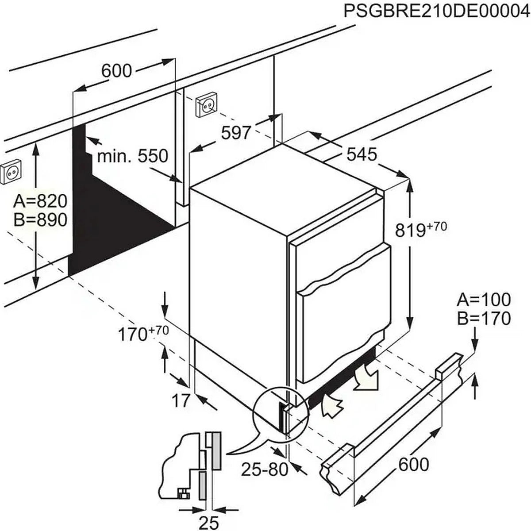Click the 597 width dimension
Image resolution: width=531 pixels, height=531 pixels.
click(x=236, y=132)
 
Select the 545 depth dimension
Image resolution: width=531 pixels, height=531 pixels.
click(x=362, y=154)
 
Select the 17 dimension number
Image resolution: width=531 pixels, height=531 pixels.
click(x=180, y=400)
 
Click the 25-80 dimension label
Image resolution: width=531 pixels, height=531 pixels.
click(x=264, y=469)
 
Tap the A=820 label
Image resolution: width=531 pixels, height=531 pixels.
click(x=40, y=201)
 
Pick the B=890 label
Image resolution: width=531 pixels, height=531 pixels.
click(x=40, y=220)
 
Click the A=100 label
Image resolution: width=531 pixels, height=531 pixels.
click(x=484, y=300)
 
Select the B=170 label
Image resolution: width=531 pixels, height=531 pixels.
click(x=484, y=318)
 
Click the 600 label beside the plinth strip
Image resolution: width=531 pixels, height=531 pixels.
click(x=413, y=465)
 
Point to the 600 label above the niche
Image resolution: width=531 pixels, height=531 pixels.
click(x=117, y=70)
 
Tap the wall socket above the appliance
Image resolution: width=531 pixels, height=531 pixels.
click(x=206, y=105)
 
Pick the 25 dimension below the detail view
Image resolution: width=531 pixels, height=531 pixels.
click(x=209, y=522)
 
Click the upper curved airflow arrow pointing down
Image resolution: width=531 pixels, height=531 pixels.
click(x=367, y=377)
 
